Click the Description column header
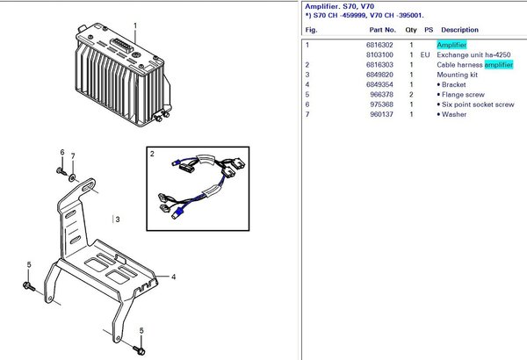(459, 30)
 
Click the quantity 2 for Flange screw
(410, 94)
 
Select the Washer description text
(456, 114)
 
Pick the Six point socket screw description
(478, 104)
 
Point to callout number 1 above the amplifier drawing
(134, 26)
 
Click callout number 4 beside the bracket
(173, 277)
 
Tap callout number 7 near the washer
(73, 157)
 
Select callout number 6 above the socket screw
(61, 152)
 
